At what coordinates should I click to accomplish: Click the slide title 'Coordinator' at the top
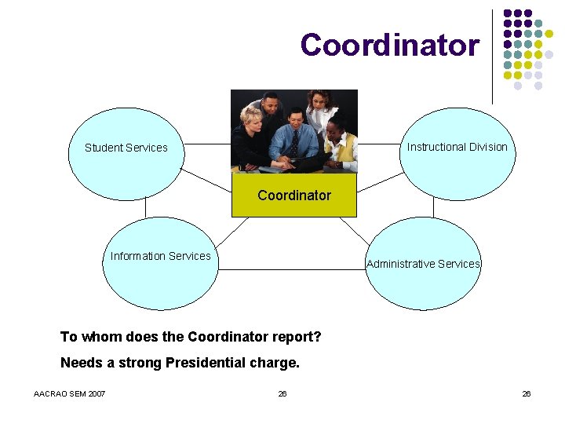tap(389, 45)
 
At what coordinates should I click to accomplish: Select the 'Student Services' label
tap(126, 148)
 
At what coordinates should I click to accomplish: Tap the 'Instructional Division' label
tap(457, 147)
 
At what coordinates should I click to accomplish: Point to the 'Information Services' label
tap(160, 256)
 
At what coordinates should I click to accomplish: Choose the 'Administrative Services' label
tap(423, 264)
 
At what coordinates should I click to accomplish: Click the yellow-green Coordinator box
tap(294, 195)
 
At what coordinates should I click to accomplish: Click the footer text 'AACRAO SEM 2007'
tap(70, 393)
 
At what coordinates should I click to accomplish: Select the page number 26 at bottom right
tap(527, 393)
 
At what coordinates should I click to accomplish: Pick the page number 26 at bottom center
tap(282, 393)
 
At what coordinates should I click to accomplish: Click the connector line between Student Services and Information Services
tap(146, 206)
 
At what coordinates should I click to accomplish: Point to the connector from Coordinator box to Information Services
tap(231, 232)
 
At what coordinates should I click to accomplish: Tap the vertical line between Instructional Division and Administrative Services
tap(433, 206)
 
